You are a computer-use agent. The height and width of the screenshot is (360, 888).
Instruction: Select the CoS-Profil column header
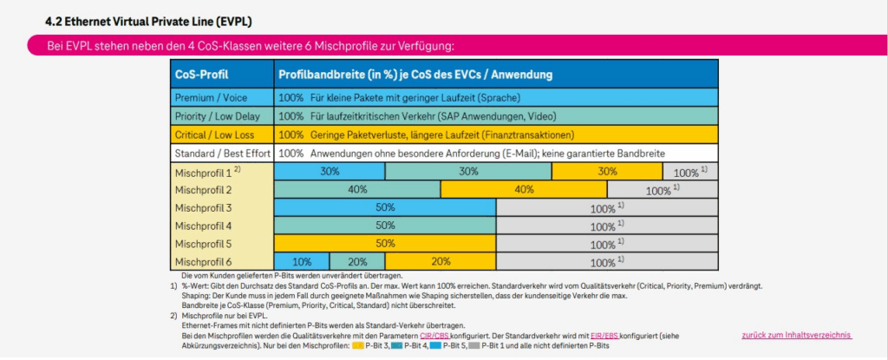click(x=202, y=75)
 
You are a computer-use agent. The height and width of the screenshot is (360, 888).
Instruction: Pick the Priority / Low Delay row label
click(x=218, y=115)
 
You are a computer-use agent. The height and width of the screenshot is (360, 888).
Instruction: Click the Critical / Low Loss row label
click(x=216, y=134)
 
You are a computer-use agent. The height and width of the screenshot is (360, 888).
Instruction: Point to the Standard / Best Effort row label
click(x=222, y=153)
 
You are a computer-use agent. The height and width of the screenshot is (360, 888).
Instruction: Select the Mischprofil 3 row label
click(x=204, y=208)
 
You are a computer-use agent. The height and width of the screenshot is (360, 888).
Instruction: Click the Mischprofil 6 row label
click(x=204, y=261)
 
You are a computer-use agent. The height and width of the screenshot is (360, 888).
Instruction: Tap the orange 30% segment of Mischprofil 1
click(x=606, y=172)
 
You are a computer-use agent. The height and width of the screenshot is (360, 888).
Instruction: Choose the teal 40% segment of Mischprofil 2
click(x=357, y=190)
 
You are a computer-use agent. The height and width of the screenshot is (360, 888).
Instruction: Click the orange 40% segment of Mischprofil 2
click(x=524, y=190)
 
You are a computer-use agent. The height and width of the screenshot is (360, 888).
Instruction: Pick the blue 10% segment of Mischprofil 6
click(x=302, y=261)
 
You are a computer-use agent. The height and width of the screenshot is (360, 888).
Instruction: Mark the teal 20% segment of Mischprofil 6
click(x=357, y=261)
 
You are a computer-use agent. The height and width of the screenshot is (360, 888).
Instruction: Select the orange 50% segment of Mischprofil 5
click(x=385, y=244)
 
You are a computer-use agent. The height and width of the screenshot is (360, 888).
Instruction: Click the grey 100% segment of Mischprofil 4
click(x=607, y=226)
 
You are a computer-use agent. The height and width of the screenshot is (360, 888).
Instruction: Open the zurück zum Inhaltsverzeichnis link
click(x=796, y=335)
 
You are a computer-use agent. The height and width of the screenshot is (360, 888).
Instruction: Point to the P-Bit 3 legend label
click(x=380, y=344)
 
